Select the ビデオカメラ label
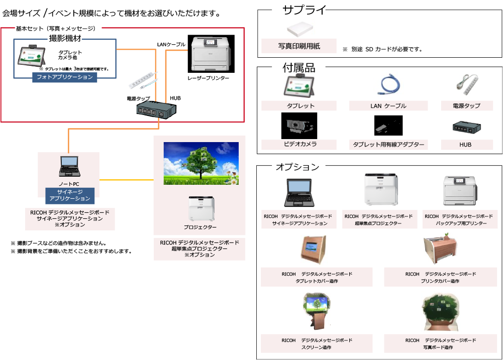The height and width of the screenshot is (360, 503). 300,144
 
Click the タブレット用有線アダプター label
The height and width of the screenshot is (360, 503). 388,145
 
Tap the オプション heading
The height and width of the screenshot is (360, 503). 297,167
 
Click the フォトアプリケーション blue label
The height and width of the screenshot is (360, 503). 65,77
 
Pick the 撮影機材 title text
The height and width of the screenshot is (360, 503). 65,39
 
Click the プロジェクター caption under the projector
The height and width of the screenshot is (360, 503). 200,227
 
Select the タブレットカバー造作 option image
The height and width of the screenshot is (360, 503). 314,250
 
